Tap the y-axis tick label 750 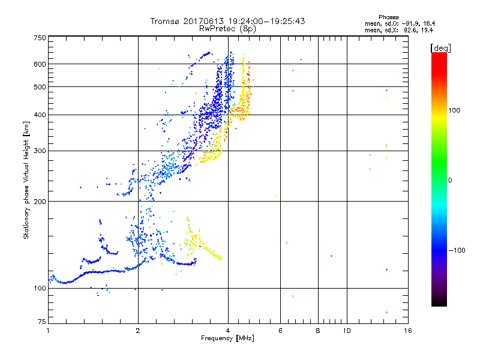click(x=40, y=38)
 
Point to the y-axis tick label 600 click(x=40, y=64)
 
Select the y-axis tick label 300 click(x=40, y=151)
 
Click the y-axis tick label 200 click(x=40, y=201)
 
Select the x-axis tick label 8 click(x=318, y=331)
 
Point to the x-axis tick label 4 click(x=228, y=331)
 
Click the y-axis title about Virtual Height click(x=26, y=180)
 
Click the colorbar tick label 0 click(x=451, y=180)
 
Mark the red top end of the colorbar click(x=439, y=55)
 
